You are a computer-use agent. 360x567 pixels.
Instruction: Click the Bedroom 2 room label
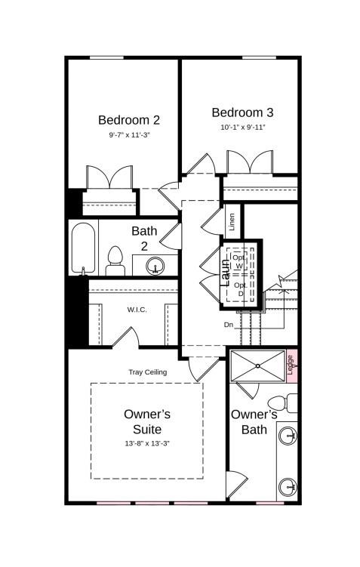(x=129, y=119)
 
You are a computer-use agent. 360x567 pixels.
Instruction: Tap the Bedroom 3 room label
(x=242, y=112)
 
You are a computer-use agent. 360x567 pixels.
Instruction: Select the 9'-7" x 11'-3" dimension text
(x=129, y=135)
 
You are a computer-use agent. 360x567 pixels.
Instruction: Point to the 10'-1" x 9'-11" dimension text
(x=242, y=128)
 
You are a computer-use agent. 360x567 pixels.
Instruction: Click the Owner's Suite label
(x=147, y=421)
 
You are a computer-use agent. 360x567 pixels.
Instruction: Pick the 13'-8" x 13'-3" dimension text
(x=147, y=443)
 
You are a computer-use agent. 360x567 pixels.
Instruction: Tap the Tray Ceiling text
(x=148, y=372)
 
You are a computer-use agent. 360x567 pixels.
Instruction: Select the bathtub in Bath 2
(x=82, y=248)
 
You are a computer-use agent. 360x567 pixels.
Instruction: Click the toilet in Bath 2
(x=115, y=260)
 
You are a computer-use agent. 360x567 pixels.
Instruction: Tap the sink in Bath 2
(x=155, y=266)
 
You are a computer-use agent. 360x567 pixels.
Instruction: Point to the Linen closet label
(x=232, y=222)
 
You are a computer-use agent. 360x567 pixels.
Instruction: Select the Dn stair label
(x=228, y=325)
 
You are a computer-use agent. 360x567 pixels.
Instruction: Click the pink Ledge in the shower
(x=291, y=365)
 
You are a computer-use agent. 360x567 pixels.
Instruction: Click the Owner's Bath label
(x=254, y=422)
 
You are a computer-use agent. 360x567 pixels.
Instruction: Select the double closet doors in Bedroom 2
(x=110, y=178)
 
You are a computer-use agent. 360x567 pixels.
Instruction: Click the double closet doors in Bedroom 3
(x=250, y=164)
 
